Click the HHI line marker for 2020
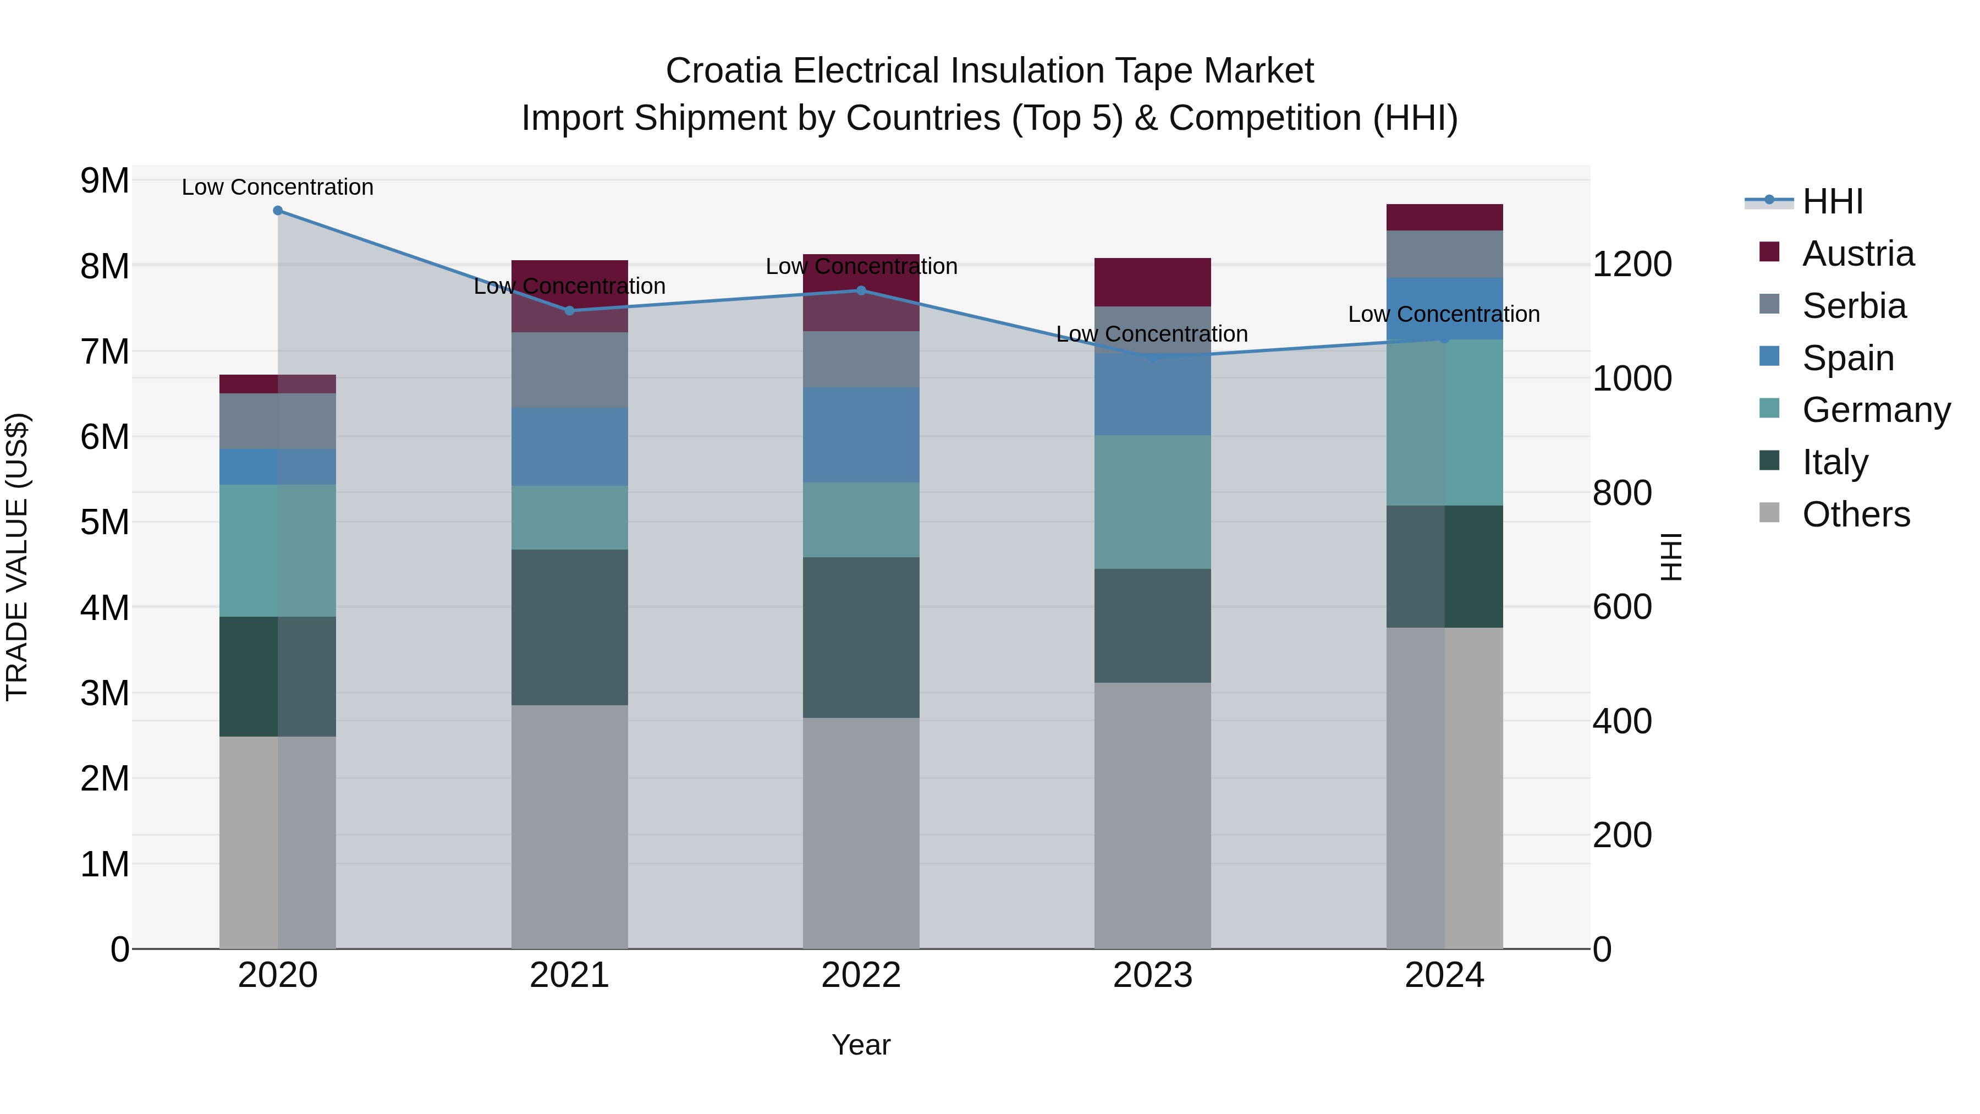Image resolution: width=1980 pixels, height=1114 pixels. [x=278, y=211]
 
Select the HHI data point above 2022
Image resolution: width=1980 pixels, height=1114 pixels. [x=861, y=290]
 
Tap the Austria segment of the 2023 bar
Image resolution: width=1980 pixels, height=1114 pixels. [x=1152, y=282]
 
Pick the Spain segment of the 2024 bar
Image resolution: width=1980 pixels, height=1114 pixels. [x=1444, y=308]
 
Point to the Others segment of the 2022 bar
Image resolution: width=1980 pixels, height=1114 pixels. [x=861, y=833]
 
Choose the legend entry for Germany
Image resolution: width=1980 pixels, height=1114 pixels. [x=1876, y=410]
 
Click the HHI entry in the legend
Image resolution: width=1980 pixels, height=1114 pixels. [x=1833, y=201]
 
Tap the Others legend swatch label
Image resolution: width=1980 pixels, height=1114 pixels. [x=1856, y=514]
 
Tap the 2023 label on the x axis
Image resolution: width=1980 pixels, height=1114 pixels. [x=1152, y=975]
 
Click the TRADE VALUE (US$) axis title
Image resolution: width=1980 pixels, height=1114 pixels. [x=17, y=557]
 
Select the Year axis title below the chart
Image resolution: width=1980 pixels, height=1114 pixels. [x=861, y=1045]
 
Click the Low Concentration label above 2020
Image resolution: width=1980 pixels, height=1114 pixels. [x=278, y=187]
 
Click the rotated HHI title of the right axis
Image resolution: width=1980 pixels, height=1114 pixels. [x=1671, y=557]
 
